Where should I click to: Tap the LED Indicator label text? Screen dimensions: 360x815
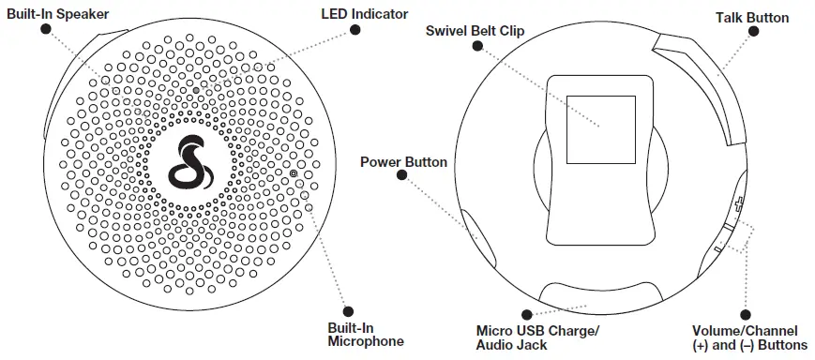364,13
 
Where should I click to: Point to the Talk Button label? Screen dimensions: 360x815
751,17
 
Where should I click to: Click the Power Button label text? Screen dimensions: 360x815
403,162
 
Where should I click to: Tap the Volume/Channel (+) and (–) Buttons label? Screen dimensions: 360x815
745,337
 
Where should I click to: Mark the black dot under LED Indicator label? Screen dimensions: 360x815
355,30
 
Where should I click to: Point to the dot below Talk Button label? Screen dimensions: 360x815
752,33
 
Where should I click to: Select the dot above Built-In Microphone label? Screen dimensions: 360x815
348,311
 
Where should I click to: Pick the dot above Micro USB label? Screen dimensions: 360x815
527,315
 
